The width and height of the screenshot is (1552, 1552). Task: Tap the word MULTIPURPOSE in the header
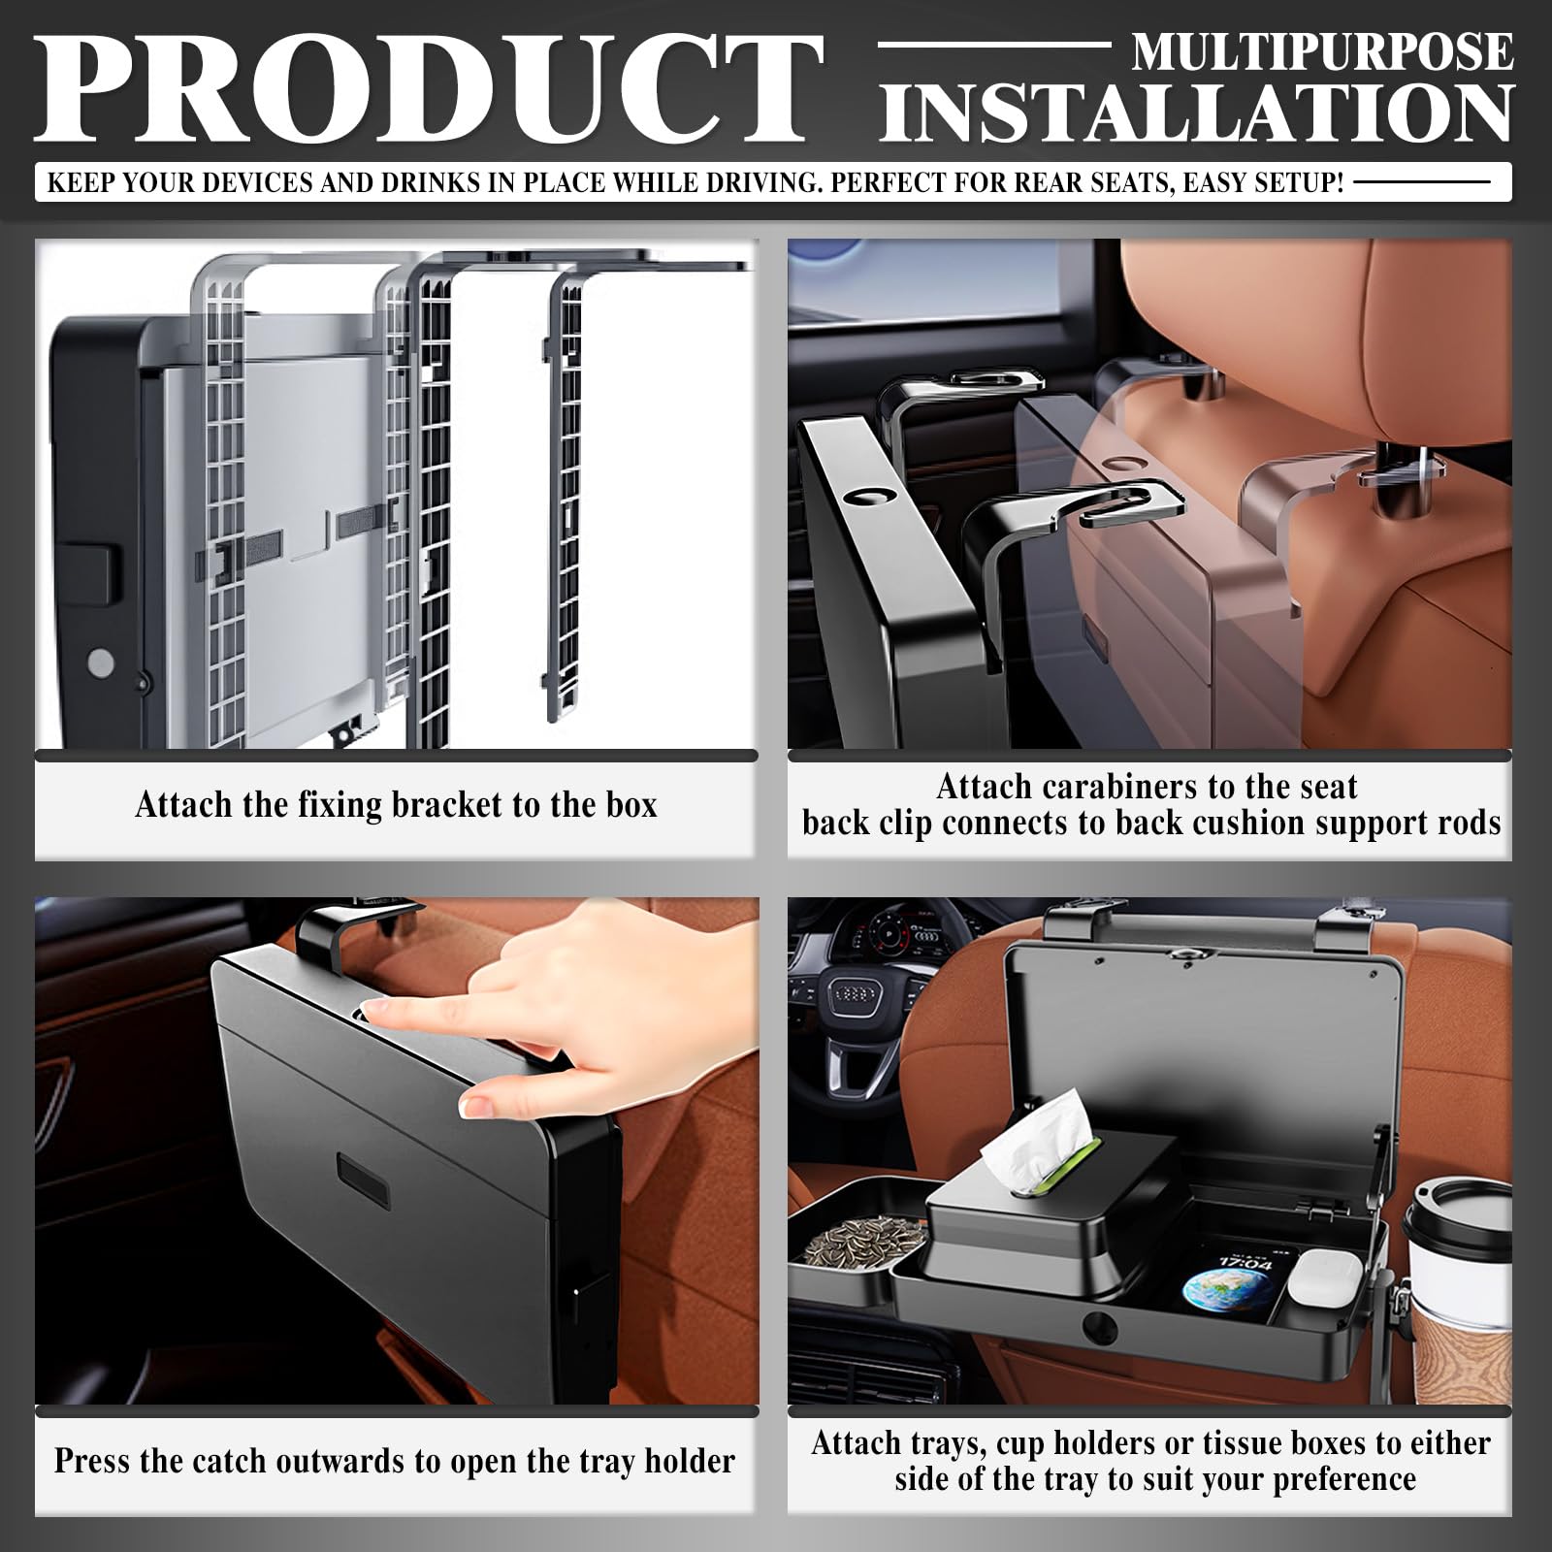tap(1322, 52)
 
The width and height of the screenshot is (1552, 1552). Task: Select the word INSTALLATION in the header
tap(1196, 113)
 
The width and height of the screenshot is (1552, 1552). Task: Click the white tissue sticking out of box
tap(1038, 1133)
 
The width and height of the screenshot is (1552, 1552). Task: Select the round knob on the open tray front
tap(1099, 1326)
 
